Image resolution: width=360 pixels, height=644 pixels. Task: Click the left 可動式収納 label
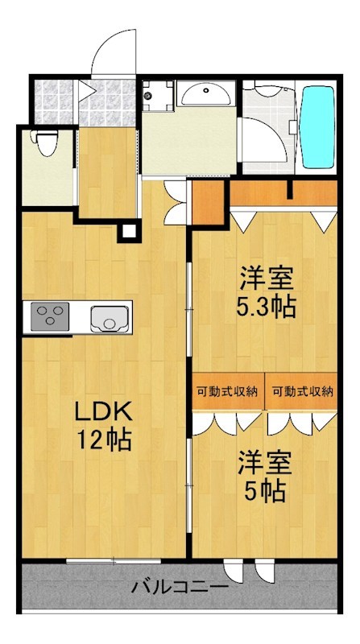227,392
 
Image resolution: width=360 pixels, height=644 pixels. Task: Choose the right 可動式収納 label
302,392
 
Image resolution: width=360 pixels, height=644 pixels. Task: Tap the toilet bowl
47,145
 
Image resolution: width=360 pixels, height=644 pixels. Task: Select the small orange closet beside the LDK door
206,204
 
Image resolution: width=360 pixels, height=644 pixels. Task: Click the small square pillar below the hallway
126,233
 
